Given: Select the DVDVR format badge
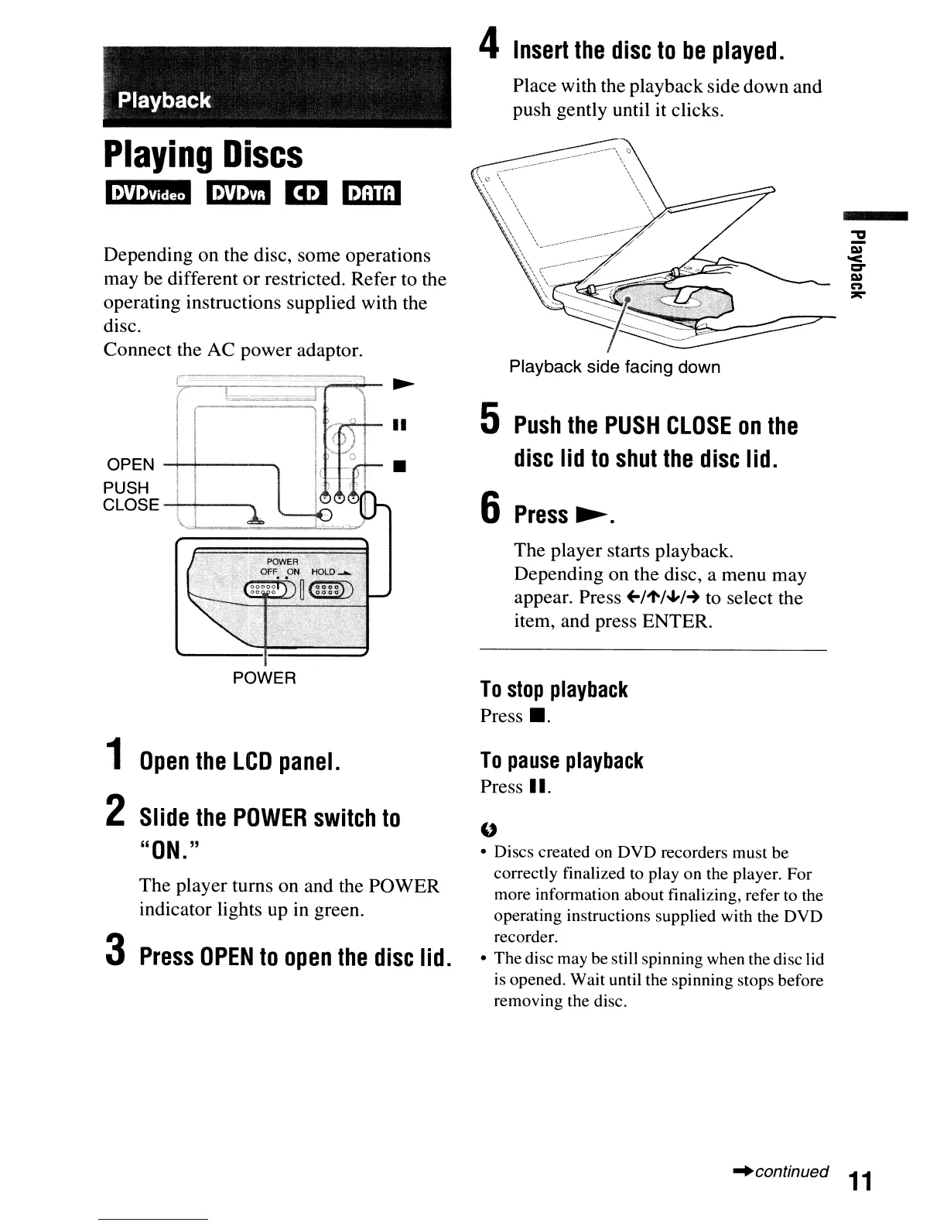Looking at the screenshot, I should (239, 193).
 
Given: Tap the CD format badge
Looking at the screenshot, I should (307, 193).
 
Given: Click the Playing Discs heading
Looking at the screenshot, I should (203, 155).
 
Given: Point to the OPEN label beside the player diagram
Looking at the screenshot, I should (131, 464).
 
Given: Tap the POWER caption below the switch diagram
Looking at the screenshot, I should (265, 678).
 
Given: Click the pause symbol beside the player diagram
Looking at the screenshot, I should (399, 425).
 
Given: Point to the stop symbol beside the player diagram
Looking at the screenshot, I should (399, 467).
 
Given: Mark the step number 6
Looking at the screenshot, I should (490, 509).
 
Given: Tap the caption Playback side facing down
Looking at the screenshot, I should (614, 367).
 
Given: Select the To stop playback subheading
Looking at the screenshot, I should (553, 690).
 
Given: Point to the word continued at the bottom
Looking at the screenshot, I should (791, 1171).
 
